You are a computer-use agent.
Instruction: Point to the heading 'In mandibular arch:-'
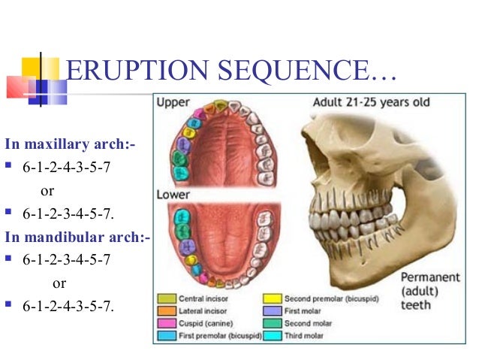click(77, 238)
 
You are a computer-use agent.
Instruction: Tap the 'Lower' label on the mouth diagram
click(173, 193)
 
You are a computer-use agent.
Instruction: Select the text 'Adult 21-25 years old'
click(371, 102)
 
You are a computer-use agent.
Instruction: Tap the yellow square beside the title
click(31, 68)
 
